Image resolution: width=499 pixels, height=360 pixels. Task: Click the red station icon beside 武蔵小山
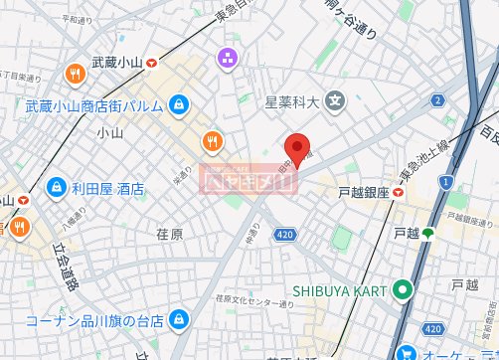coord(151,63)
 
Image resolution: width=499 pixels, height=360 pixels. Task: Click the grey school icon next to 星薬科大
coord(336,99)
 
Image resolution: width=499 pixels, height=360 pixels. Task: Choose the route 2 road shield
coord(436,99)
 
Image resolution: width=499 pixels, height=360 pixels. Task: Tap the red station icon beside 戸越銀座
coord(398,192)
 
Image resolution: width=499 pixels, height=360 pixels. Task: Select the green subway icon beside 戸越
coord(428,233)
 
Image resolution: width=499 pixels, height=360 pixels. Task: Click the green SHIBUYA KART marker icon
coord(402,290)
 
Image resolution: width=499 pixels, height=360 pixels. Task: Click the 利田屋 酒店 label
coord(107,187)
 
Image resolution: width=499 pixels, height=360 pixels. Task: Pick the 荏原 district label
coord(170,234)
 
